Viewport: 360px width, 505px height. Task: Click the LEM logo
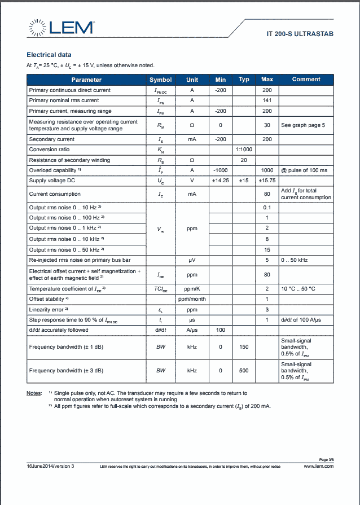pos(61,28)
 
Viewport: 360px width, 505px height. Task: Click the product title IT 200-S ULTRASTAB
pos(300,34)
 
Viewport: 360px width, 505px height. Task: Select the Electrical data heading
pos(49,55)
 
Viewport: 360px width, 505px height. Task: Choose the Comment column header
pos(306,80)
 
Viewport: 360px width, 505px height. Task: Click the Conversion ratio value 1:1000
pos(244,150)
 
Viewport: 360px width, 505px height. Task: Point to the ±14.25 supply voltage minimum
pos(220,181)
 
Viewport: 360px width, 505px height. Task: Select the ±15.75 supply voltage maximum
pos(267,181)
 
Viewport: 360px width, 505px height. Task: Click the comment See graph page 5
pos(303,125)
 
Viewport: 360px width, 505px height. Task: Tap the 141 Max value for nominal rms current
pos(267,100)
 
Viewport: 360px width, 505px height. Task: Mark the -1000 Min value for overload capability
pos(220,170)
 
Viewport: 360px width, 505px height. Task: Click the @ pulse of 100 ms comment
pos(304,170)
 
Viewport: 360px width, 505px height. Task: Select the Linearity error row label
pos(49,310)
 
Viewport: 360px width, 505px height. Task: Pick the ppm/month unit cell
pos(192,299)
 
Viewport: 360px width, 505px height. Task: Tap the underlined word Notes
pos(34,392)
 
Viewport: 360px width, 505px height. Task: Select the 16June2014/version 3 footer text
pos(50,467)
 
